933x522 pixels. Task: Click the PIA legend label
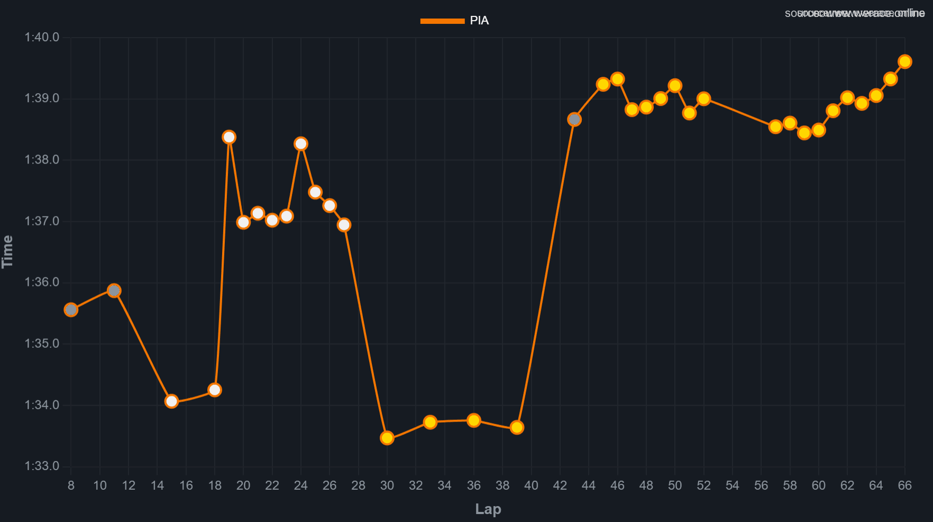pos(479,21)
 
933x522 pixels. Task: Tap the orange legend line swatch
pos(442,21)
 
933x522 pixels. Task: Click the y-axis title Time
pos(7,251)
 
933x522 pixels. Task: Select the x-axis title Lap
pos(488,509)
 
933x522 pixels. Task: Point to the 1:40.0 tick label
pos(42,37)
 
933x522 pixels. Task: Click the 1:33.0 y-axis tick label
pos(42,466)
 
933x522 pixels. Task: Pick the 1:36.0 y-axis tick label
pos(42,282)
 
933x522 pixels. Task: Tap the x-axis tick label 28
pos(358,485)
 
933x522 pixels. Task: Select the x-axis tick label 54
pos(732,485)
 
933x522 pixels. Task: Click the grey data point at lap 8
pos(71,310)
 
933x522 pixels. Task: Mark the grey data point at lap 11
pos(114,290)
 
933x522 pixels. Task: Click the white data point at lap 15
pos(171,401)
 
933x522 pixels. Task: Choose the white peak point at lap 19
pos(229,137)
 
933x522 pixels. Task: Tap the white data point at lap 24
pos(301,144)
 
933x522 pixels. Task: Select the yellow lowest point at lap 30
pos(387,438)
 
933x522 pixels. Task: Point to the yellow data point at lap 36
pos(474,420)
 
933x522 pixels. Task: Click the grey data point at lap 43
pos(574,120)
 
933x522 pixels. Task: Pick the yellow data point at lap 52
pos(703,98)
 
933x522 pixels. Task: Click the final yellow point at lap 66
pos(905,61)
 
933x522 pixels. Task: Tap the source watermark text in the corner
pos(855,13)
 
